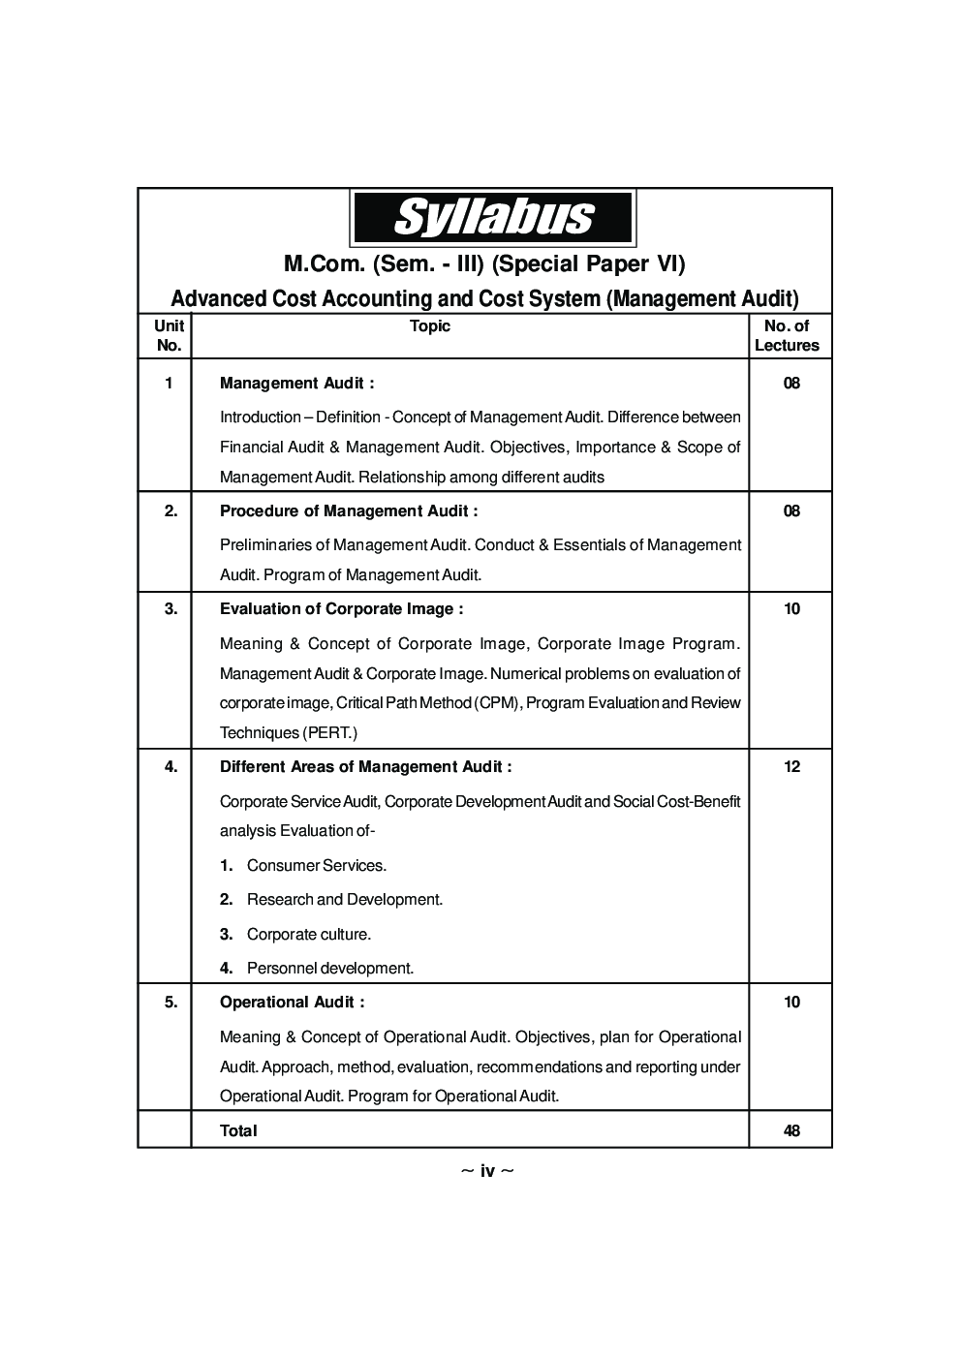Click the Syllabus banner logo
pos(492,218)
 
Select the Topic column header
pos(429,326)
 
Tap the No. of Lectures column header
pos(787,336)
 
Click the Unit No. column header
pos(169,336)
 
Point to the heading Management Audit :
pos(296,384)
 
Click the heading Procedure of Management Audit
pos(349,511)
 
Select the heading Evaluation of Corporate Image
pos(341,609)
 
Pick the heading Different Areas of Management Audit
pos(365,767)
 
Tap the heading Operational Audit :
pos(292,1003)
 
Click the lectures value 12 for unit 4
pos(791,767)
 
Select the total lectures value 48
pos(791,1131)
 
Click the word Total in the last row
pos(238,1131)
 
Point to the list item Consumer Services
pos(316,866)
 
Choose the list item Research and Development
pos(344,900)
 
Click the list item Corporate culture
pos(308,935)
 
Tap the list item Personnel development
pos(329,969)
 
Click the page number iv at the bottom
pos(487,1172)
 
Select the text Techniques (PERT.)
pos(289,733)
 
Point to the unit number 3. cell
pos(170,609)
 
